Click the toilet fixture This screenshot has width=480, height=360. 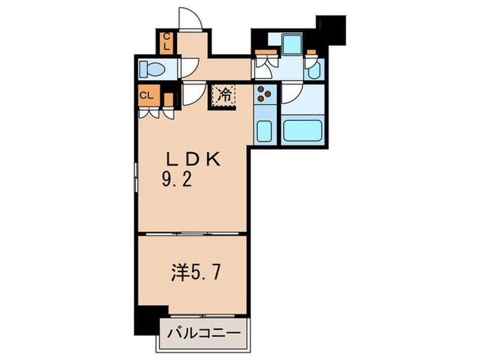(x=152, y=69)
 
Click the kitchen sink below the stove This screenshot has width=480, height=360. (x=264, y=130)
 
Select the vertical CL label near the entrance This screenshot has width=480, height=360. (x=167, y=43)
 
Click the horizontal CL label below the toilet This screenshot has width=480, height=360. (x=147, y=95)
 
